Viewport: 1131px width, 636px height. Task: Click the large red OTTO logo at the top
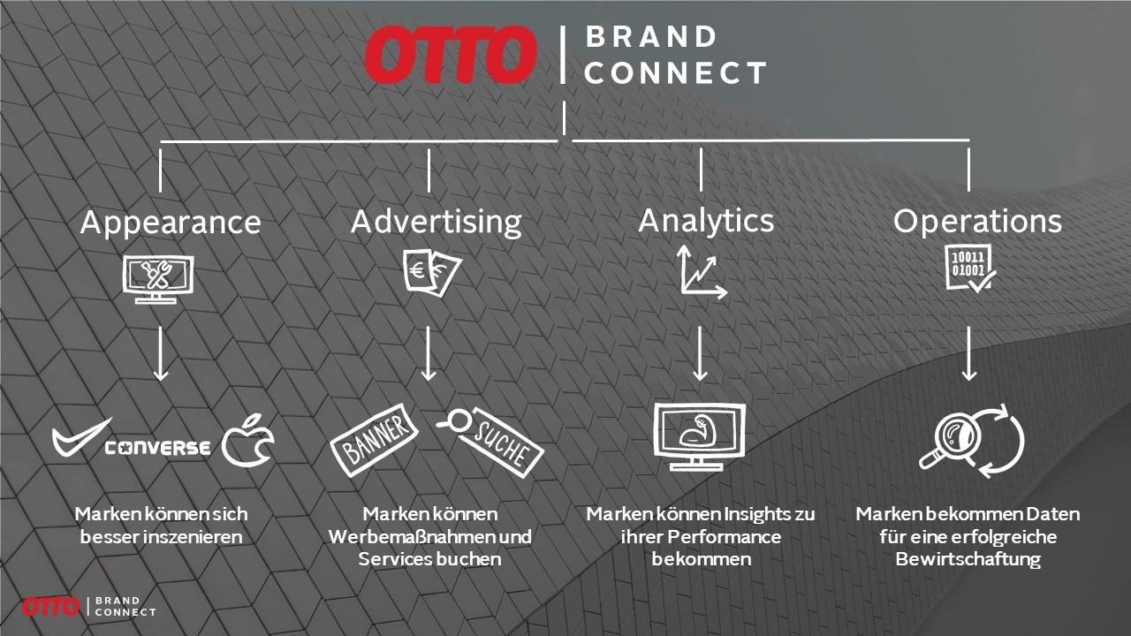(450, 55)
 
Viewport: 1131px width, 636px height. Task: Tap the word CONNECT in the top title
(676, 73)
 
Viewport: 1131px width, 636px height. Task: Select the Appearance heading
(171, 223)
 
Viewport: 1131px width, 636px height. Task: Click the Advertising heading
(436, 223)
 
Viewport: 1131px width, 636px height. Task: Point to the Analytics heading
(706, 222)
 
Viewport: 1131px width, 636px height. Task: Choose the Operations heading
(977, 221)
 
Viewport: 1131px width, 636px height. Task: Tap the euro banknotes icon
(432, 273)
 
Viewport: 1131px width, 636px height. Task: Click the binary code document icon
(969, 269)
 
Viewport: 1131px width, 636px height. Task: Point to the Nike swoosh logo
(80, 437)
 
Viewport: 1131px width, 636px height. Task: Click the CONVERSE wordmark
(157, 448)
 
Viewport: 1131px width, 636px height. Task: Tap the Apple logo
(247, 441)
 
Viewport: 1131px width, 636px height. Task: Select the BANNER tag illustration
(374, 440)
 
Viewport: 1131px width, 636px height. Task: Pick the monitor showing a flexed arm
(699, 436)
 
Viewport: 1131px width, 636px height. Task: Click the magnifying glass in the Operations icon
(949, 440)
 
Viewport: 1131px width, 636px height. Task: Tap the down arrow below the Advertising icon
(429, 352)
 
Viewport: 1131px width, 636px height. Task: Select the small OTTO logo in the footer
(50, 607)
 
